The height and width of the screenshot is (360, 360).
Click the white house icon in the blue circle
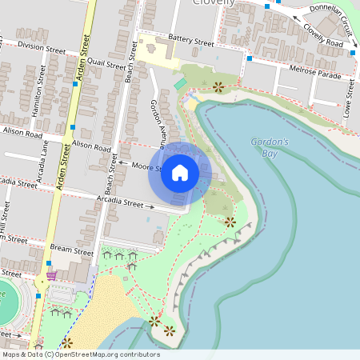180,172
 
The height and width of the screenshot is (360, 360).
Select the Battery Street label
192,41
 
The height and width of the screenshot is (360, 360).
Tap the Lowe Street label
349,95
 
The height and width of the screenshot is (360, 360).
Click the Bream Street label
71,250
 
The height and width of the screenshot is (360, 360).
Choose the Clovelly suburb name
214,3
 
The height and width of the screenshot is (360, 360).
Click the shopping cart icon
51,276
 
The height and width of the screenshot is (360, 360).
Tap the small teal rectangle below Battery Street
180,83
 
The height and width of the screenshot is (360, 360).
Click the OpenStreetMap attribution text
81,354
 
